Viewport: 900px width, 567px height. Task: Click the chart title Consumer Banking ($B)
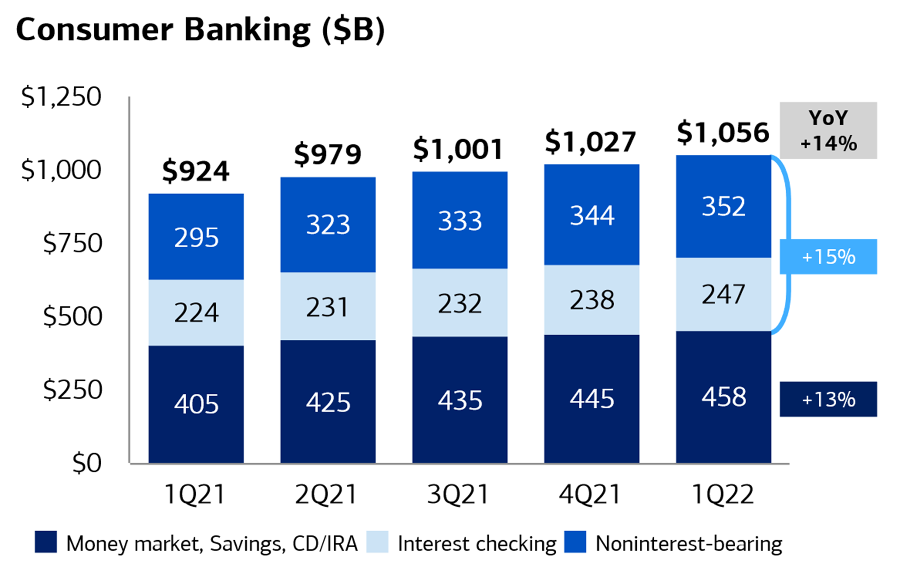(x=200, y=30)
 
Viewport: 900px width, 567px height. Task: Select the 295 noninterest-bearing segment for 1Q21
(x=196, y=237)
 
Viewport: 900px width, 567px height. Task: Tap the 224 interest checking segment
(x=196, y=313)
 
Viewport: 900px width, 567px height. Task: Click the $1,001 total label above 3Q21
(x=458, y=149)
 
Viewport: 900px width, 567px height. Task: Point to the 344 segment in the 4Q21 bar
(x=591, y=215)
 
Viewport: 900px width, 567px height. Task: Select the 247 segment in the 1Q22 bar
(x=723, y=294)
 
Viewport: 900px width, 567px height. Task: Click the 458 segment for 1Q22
(x=723, y=397)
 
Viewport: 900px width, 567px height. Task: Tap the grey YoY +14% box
(x=828, y=130)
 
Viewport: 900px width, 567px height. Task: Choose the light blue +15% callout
(x=828, y=257)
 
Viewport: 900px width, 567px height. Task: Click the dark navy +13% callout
(x=828, y=399)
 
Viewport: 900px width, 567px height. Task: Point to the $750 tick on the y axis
(x=73, y=243)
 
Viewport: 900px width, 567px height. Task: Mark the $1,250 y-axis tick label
(x=61, y=96)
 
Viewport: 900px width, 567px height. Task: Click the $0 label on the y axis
(x=87, y=463)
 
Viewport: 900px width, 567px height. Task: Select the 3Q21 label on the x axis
(x=458, y=494)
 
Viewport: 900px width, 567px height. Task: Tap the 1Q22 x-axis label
(x=723, y=494)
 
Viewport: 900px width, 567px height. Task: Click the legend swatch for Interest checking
(x=377, y=542)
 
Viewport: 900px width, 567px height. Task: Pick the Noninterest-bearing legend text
(x=689, y=544)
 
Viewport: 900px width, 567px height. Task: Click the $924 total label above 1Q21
(x=196, y=171)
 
